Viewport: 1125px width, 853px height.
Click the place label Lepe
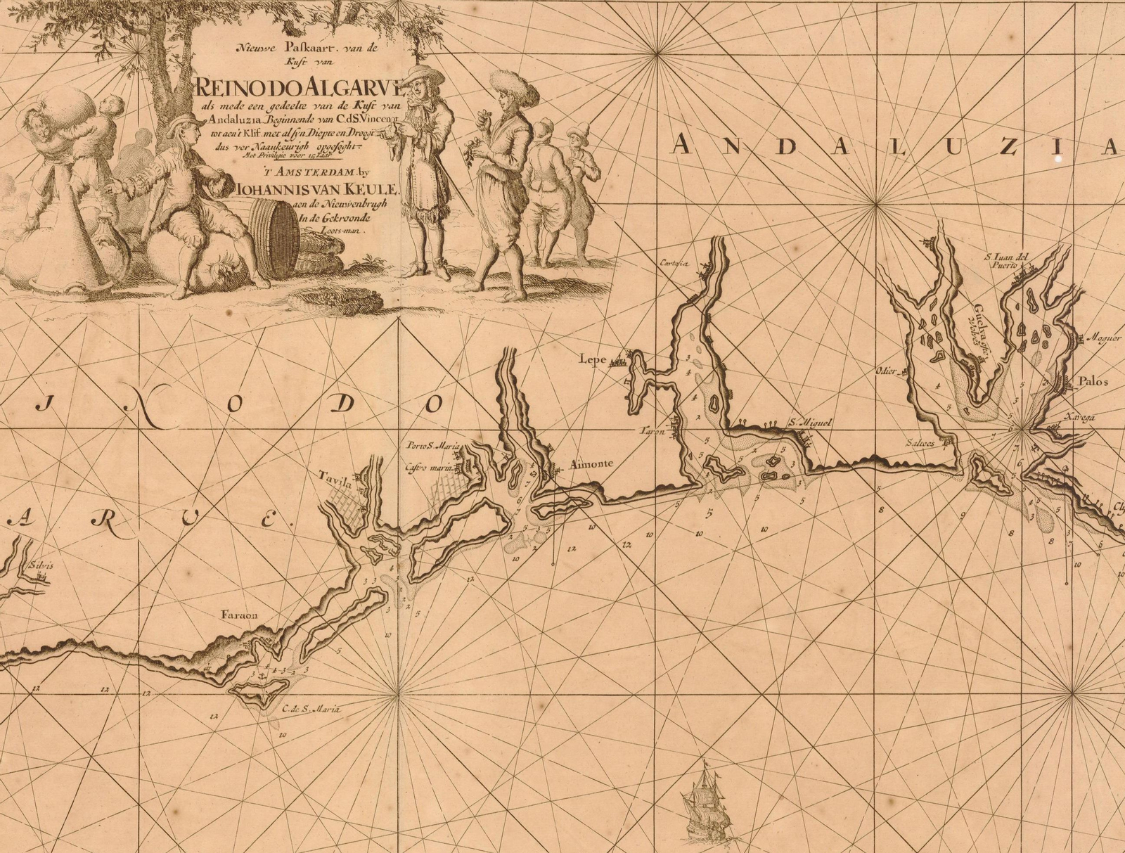pos(592,359)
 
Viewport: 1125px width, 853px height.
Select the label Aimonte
pos(590,465)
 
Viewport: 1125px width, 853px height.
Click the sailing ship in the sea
pos(707,802)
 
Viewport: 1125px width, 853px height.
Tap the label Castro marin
pos(430,466)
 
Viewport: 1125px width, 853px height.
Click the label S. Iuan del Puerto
pos(1006,261)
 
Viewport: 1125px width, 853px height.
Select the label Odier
pos(887,371)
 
